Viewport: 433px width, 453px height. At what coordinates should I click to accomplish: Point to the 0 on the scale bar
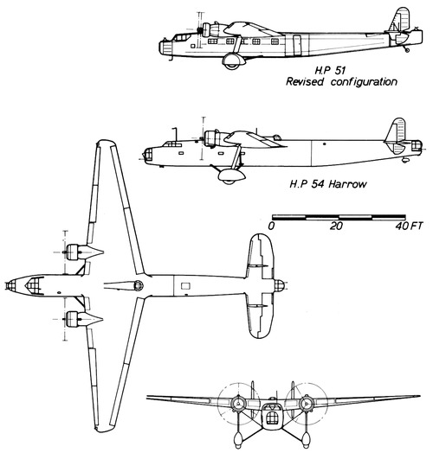pos(272,225)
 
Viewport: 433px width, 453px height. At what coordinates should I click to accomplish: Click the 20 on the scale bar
pos(335,225)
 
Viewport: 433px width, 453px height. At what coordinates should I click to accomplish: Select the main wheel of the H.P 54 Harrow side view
pos(228,175)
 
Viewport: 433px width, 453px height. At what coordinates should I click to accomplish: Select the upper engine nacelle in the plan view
pos(81,253)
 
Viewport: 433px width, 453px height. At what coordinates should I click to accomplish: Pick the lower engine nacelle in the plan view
pos(81,317)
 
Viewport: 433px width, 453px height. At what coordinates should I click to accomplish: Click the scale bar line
pos(335,214)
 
